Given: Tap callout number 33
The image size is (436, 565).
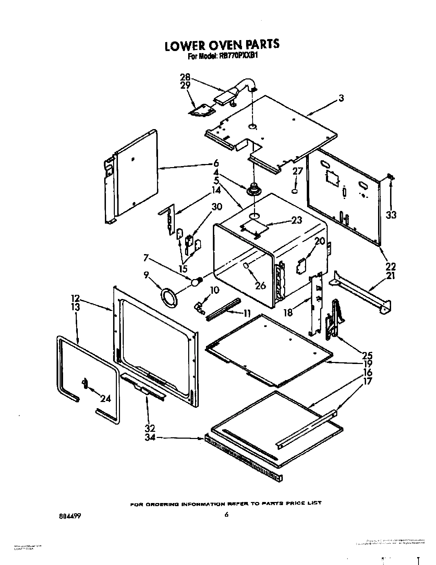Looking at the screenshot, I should coord(391,215).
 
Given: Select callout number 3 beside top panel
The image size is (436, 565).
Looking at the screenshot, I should coord(341,98).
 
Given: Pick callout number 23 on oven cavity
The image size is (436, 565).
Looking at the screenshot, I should coord(297,220).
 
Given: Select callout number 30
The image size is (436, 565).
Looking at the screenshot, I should coord(217,207).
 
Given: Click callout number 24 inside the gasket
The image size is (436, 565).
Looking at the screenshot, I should coord(105,398).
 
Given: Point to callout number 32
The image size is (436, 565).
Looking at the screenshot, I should coord(150,428).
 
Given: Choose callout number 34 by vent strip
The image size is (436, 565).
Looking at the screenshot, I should coord(150,437).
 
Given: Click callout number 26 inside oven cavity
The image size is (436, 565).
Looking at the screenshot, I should coord(261,285).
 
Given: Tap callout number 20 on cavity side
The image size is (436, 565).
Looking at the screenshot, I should coord(319,241).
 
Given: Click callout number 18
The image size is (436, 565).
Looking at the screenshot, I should coord(288,312).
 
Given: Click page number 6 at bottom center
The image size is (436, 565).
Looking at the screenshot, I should coord(226,515).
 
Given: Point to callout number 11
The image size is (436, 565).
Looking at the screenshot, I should coord(246,313).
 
